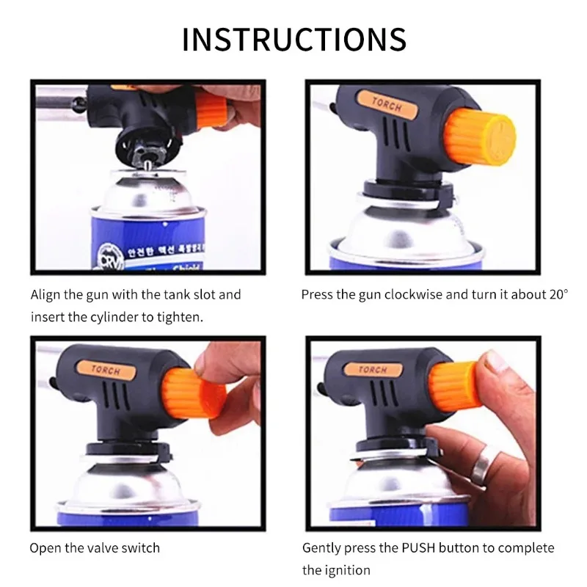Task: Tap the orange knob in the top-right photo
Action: point(484,136)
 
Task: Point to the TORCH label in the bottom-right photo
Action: point(373,369)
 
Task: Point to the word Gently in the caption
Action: point(321,547)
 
